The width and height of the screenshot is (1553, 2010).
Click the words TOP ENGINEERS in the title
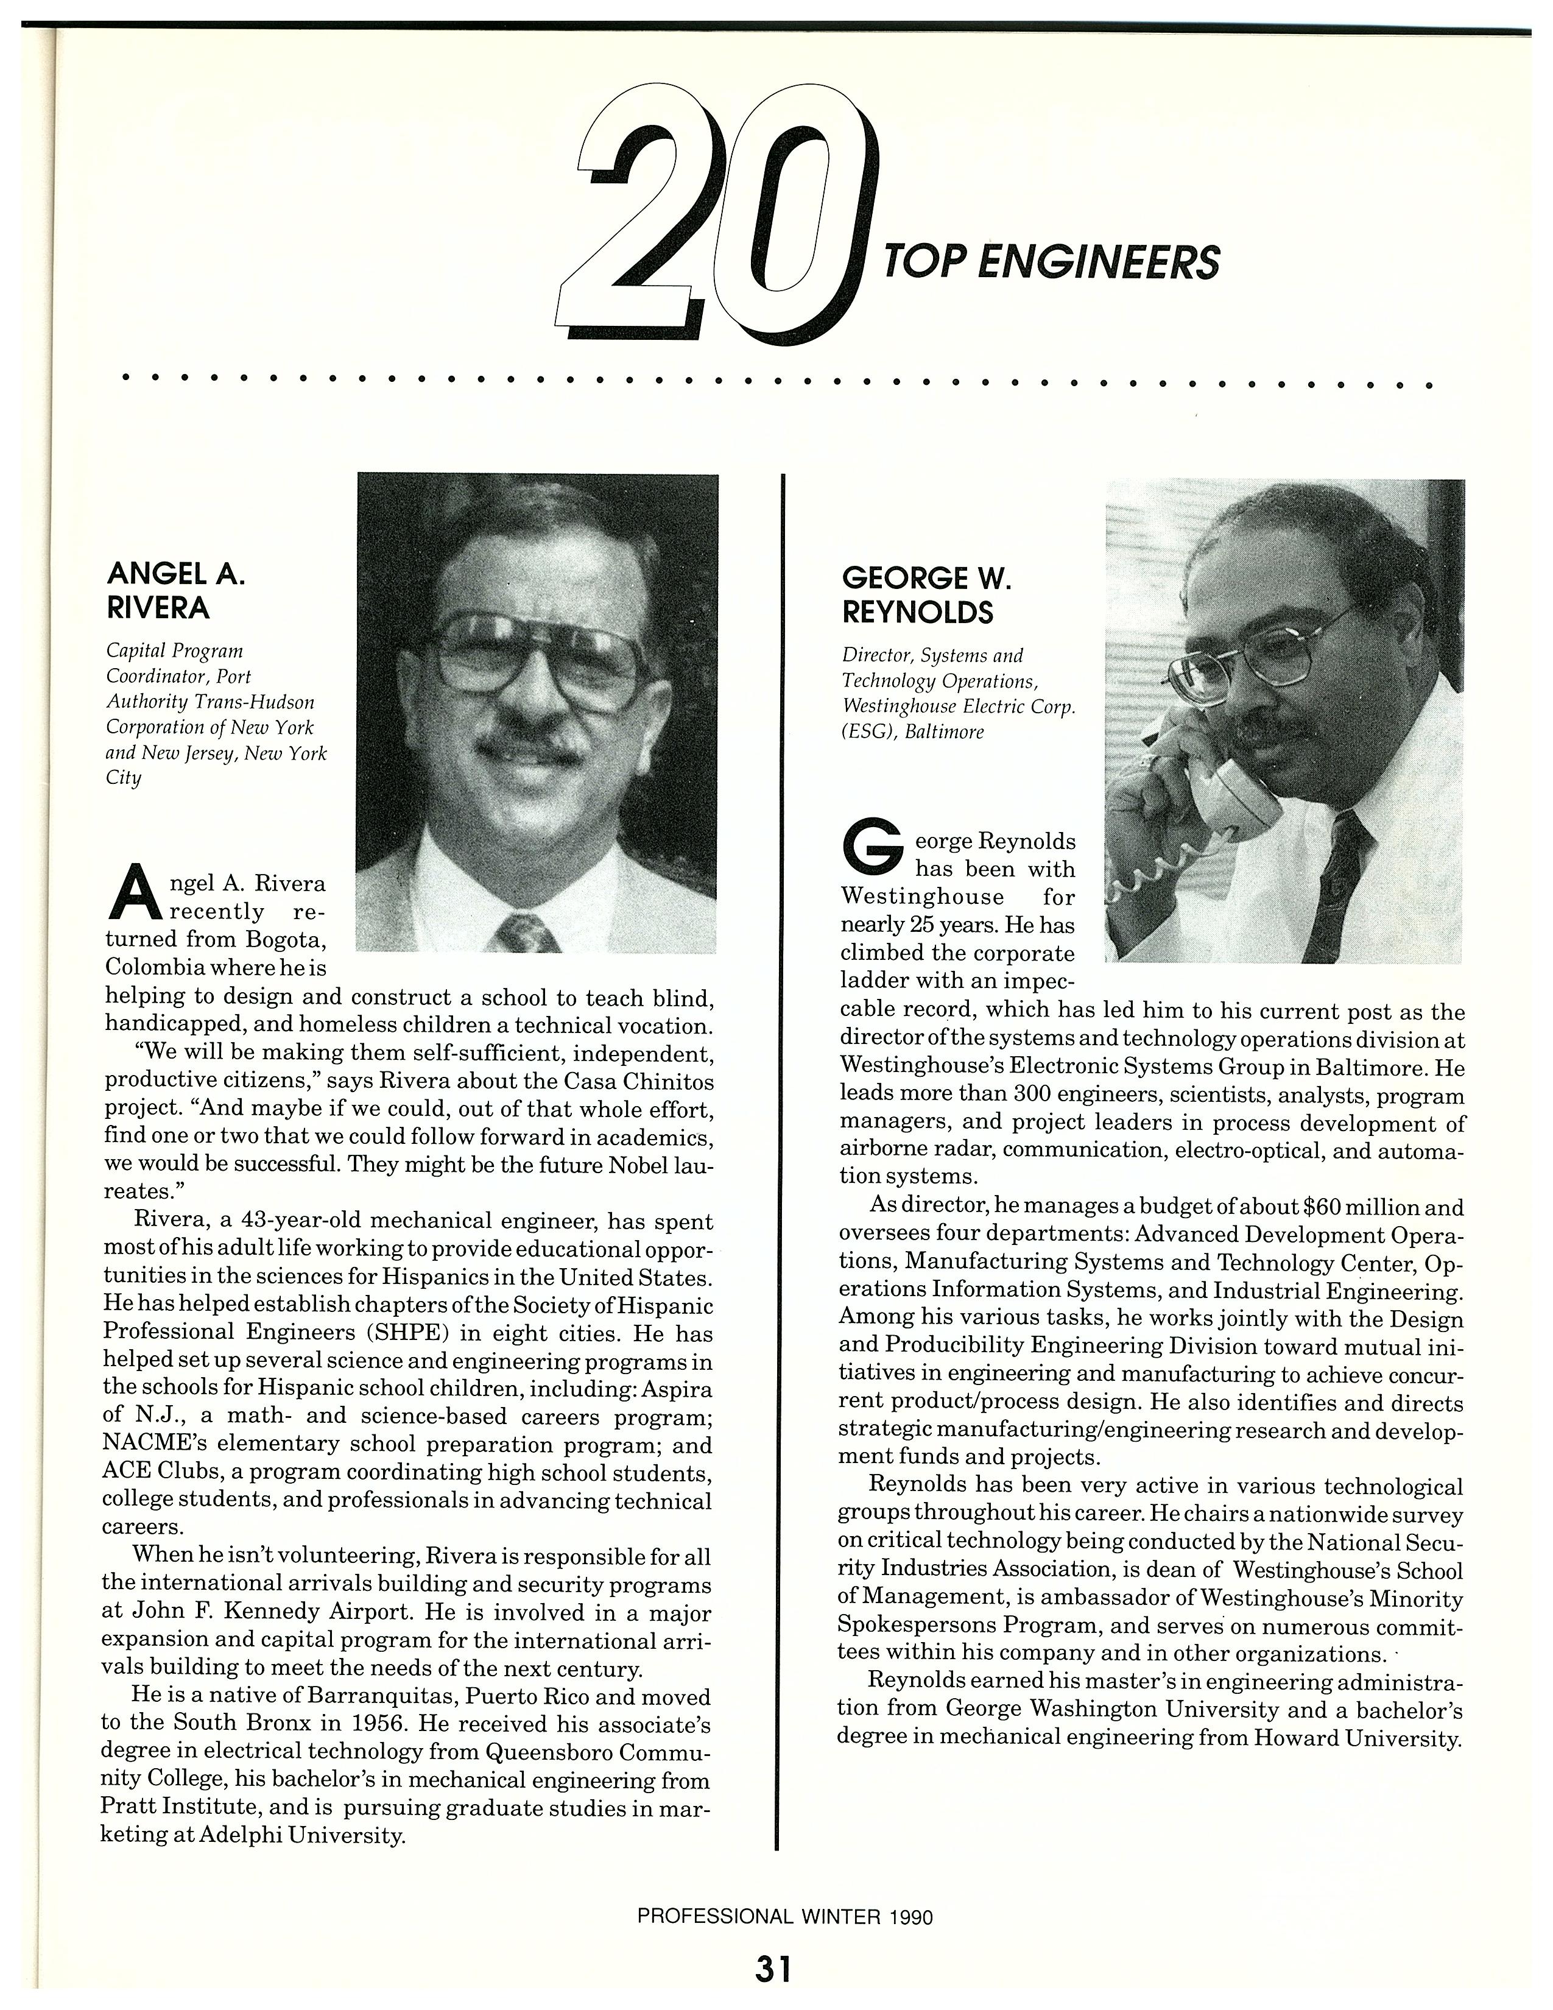(1051, 263)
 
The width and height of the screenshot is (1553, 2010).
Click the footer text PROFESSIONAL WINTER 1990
(785, 1916)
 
